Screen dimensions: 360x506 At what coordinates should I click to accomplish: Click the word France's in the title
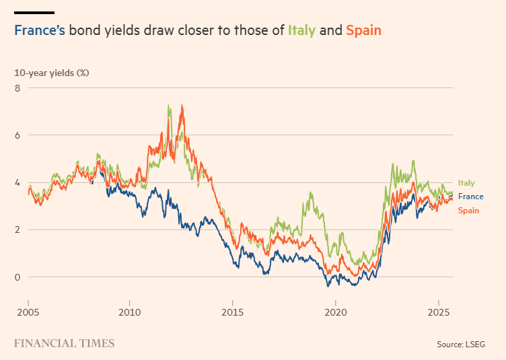pos(39,30)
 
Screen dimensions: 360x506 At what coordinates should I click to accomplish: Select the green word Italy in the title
pos(301,30)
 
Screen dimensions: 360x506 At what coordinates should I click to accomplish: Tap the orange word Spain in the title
pos(363,30)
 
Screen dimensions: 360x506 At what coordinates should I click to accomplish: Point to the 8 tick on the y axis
pos(17,88)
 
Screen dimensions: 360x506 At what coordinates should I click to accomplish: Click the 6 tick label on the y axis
pos(17,135)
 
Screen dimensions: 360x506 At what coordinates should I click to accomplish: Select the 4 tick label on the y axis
pos(17,182)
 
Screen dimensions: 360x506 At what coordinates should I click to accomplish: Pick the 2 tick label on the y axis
pos(17,229)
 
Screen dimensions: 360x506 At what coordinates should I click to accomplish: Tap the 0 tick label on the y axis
pos(17,277)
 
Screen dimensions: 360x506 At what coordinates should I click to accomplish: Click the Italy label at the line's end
pos(466,183)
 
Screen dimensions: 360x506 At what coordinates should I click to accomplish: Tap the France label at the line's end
pos(470,196)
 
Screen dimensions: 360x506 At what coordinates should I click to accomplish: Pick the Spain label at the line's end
pos(468,211)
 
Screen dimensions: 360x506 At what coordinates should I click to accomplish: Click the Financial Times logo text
pos(64,343)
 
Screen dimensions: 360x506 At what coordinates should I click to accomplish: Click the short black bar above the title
pos(34,12)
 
